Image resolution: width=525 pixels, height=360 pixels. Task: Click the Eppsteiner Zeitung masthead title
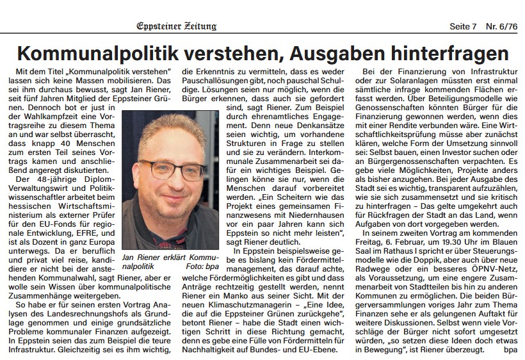177,26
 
